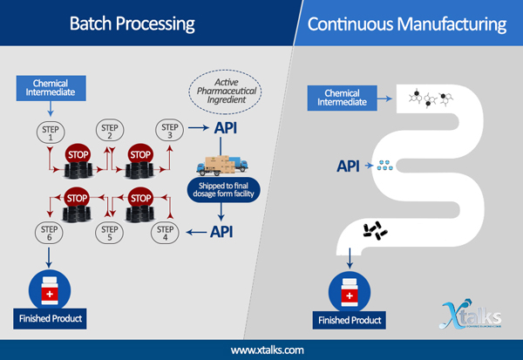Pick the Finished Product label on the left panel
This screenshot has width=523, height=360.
(x=49, y=318)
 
